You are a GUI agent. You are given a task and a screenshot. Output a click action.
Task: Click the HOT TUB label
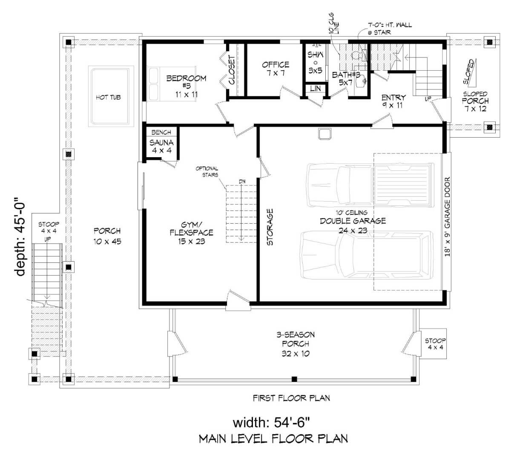point(108,98)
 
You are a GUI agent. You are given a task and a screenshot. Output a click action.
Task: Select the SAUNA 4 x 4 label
point(161,147)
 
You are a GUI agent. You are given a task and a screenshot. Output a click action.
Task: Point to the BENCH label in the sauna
point(161,132)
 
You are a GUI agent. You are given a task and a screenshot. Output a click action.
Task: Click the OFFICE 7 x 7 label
point(276,69)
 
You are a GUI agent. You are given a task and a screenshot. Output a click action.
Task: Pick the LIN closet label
point(315,88)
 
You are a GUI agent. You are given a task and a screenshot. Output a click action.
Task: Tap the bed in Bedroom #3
point(172,84)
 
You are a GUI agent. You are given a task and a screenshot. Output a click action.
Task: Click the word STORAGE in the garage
point(270,227)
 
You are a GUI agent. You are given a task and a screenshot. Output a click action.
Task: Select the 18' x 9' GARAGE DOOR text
point(447,217)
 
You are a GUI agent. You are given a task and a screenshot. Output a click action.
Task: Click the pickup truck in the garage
point(370,185)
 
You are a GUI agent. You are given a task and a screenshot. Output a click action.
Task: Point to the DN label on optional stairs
point(242,181)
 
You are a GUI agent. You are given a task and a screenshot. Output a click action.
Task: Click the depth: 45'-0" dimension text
point(20,236)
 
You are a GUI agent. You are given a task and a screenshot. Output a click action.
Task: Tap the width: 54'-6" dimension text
point(271,423)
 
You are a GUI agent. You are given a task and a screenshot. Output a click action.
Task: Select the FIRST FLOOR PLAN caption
point(291,398)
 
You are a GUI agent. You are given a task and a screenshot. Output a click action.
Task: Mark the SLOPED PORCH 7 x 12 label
point(475,101)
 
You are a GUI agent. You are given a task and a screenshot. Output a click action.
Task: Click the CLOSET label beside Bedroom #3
point(232,70)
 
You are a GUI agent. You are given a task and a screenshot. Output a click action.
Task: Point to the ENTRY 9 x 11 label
point(393,101)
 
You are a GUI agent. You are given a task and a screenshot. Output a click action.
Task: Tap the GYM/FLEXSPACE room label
point(192,233)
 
